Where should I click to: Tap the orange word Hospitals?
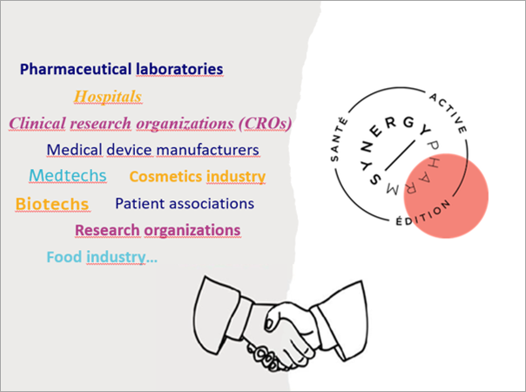pyautogui.click(x=108, y=97)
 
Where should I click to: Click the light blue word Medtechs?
pyautogui.click(x=68, y=176)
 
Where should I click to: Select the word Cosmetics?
pyautogui.click(x=165, y=177)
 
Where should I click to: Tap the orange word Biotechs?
pyautogui.click(x=52, y=204)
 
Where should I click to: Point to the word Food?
pyautogui.click(x=64, y=258)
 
